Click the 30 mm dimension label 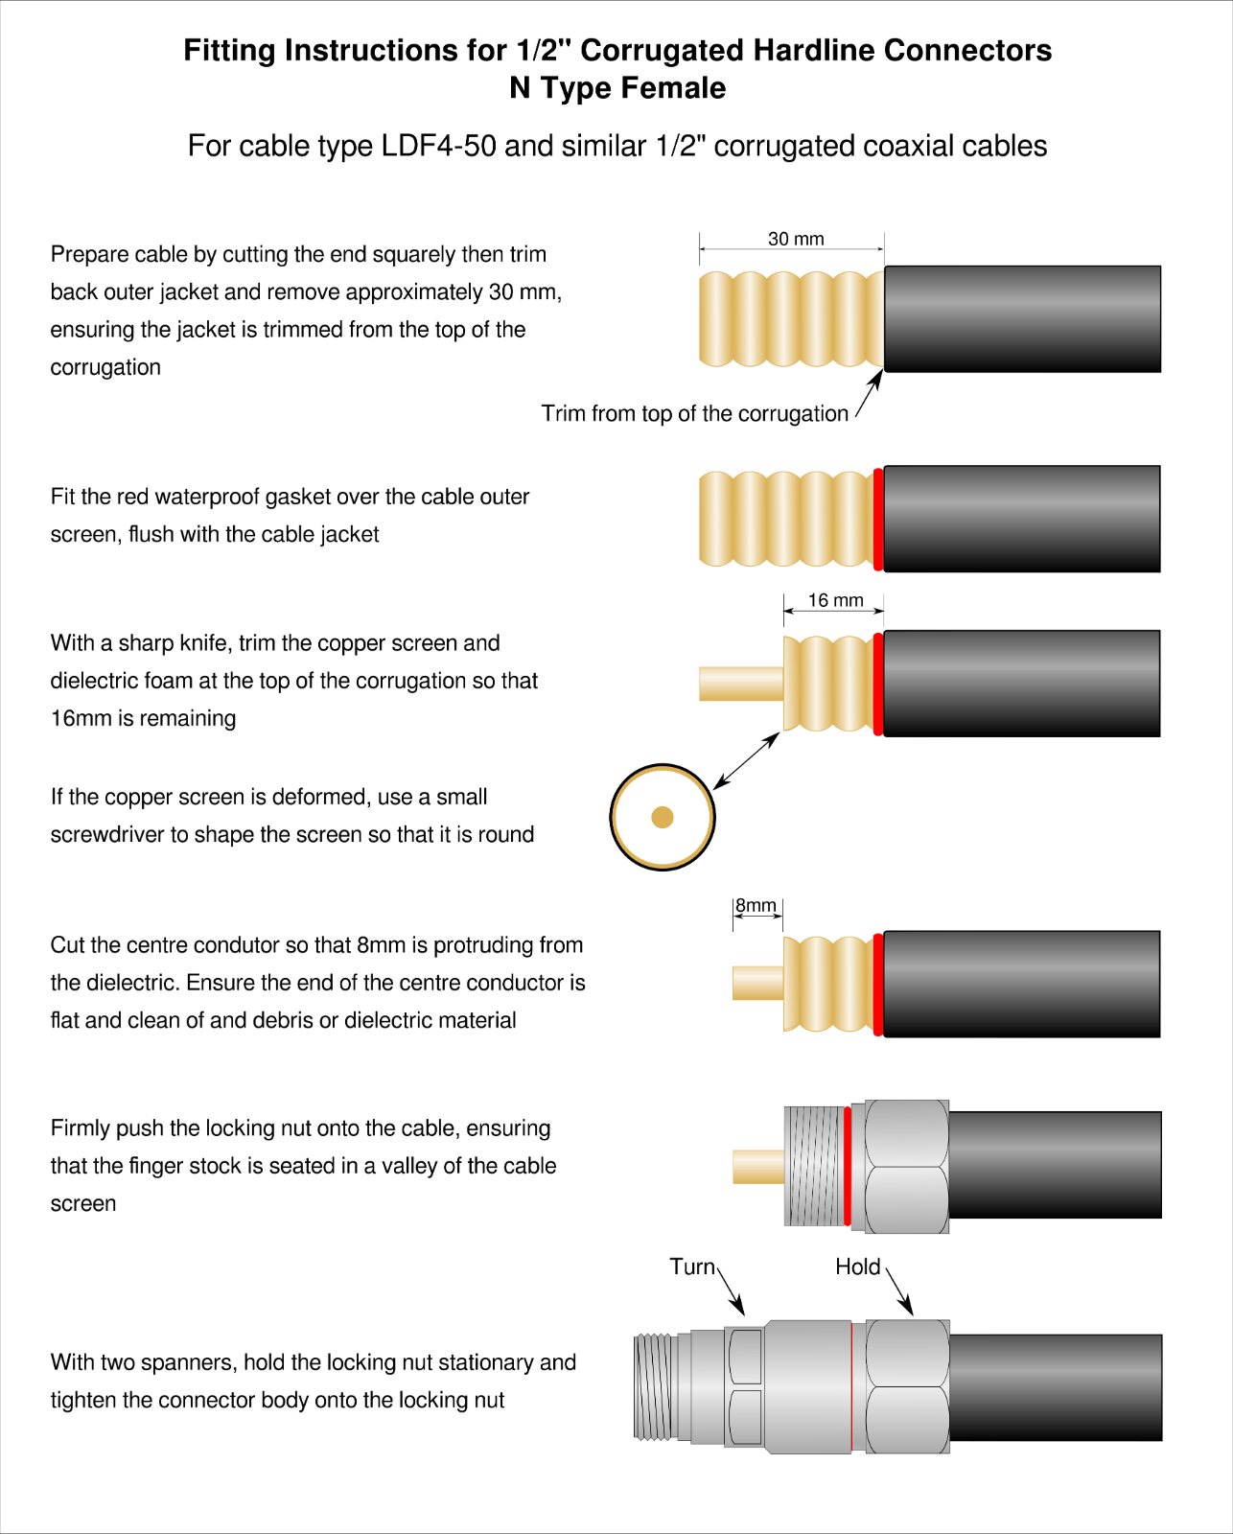(795, 239)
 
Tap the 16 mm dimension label (835, 600)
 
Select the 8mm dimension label (756, 905)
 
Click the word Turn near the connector (692, 1267)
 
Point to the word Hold (857, 1267)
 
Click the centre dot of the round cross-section (663, 817)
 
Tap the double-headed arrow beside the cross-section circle (746, 761)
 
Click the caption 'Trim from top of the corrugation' (694, 413)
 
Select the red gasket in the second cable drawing (878, 519)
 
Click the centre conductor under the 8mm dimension (757, 984)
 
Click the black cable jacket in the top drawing (1021, 318)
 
